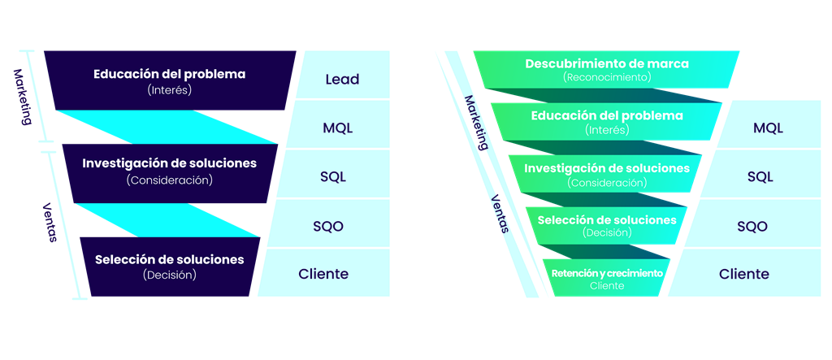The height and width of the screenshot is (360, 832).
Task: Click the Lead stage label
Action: coord(342,80)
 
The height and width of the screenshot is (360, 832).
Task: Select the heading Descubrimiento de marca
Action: coord(607,63)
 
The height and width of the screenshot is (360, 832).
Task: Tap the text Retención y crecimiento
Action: coord(607,273)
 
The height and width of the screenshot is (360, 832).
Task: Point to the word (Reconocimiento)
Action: coord(607,76)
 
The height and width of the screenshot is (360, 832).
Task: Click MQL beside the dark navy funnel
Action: coord(338,128)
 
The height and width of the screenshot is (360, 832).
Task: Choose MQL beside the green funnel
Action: coord(768,128)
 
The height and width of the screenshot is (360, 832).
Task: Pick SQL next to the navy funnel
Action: coord(332,177)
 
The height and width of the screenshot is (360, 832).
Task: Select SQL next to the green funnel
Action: coord(760,177)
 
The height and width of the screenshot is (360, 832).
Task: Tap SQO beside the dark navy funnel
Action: coord(328,226)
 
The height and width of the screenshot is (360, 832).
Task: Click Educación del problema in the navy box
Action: coord(169,74)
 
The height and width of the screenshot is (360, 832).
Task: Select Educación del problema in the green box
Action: coord(607,116)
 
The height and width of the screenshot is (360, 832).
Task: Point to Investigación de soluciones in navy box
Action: coord(169,163)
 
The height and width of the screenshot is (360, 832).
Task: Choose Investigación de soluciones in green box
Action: coord(607,168)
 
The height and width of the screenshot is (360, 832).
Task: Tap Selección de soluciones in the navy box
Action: coord(169,260)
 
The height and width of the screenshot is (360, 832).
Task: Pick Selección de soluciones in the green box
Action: coord(607,220)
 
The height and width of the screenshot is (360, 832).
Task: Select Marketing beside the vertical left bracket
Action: coord(20,98)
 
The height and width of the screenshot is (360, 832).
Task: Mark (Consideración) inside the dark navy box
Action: coord(169,180)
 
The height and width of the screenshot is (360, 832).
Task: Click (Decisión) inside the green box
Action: coord(607,232)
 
